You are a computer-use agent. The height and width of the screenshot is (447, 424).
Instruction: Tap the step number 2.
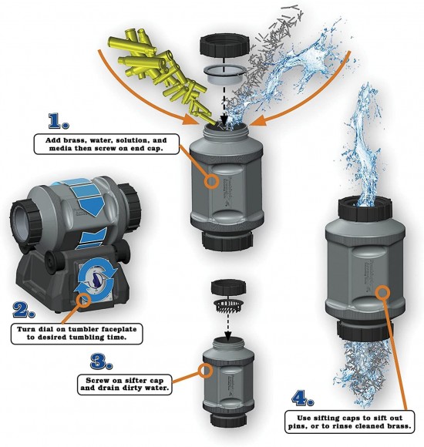point(24,310)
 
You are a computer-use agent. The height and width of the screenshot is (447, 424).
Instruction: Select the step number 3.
point(101,361)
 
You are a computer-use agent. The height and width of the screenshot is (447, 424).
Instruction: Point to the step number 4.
point(303,398)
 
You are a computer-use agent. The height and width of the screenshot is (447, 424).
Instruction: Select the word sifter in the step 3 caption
point(136,380)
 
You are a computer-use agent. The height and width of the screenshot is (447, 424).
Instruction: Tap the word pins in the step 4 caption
point(297,426)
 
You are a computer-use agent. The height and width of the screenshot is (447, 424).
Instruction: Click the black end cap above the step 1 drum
point(225,46)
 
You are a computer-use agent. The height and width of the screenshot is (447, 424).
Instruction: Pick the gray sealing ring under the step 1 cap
point(224,74)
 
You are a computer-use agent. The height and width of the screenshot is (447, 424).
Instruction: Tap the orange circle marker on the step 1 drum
point(211,181)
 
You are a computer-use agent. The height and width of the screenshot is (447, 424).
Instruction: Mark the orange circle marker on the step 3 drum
point(205,371)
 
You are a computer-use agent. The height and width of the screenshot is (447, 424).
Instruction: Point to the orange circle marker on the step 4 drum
point(382,293)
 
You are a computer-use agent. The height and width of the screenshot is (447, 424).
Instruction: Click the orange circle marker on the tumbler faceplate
point(84,301)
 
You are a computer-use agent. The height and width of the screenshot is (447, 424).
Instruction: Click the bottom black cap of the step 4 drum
point(365,332)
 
